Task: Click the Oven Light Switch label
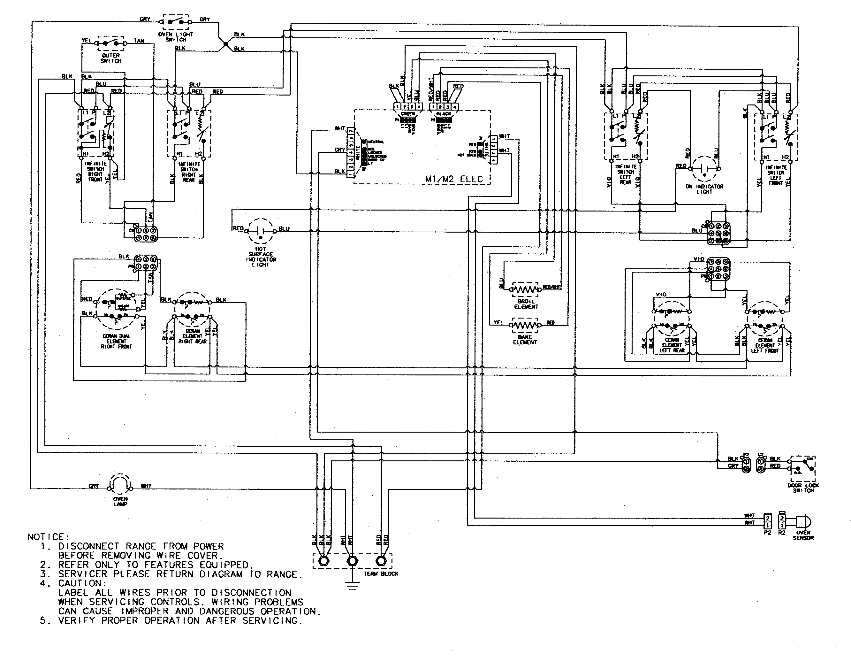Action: coord(175,37)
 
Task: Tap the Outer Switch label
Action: coord(111,58)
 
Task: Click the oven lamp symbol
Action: coord(120,485)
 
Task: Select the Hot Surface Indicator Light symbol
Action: coord(261,231)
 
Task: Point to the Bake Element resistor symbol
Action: coord(525,324)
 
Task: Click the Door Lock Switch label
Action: coord(803,488)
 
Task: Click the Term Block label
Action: coord(381,574)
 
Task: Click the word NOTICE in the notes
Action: coord(48,537)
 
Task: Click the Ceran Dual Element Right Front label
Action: coord(116,341)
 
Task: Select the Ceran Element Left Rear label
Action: coord(672,345)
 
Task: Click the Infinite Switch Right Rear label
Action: coord(189,172)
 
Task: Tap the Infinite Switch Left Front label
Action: coord(775,175)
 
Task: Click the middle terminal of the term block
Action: coord(352,561)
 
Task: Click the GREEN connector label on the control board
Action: coord(407,114)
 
